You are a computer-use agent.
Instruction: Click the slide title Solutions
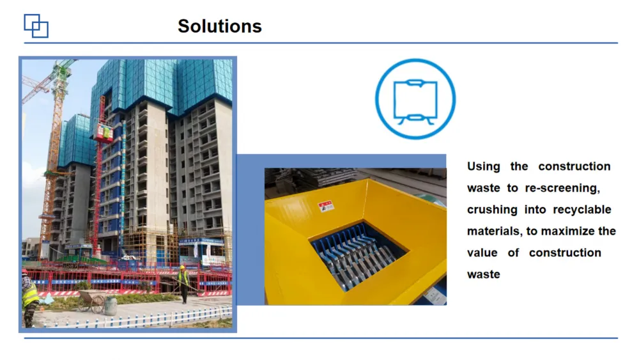[220, 26]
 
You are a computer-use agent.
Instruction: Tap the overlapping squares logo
[36, 26]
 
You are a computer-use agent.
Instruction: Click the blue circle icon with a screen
[415, 99]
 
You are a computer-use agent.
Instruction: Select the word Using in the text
[483, 166]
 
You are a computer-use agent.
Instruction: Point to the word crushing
[492, 210]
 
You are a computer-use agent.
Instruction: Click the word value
[482, 253]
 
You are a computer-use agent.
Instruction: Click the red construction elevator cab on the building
[104, 133]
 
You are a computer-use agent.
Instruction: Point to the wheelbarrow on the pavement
[91, 301]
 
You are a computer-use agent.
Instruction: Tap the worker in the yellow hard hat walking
[183, 284]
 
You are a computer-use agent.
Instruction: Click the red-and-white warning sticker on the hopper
[326, 206]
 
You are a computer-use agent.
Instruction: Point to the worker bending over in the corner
[30, 297]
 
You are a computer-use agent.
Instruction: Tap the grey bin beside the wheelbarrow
[111, 306]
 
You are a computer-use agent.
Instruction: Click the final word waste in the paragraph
[483, 274]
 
